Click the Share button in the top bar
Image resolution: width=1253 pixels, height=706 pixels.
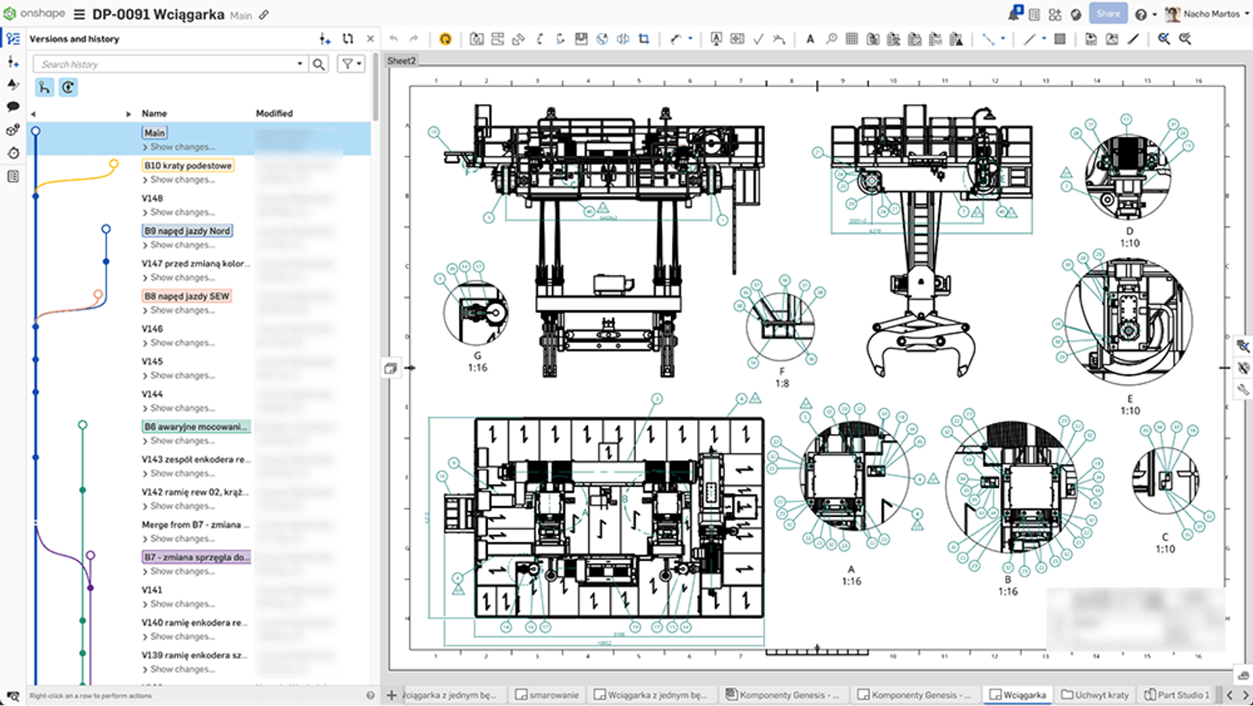(1107, 14)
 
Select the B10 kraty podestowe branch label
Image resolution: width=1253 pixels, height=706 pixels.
(188, 165)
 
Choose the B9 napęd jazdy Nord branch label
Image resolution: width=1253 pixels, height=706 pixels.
(187, 231)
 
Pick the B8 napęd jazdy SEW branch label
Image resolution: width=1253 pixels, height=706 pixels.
(187, 296)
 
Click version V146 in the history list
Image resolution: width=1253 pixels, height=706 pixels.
(153, 329)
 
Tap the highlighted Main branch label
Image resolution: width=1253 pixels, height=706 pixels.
(154, 133)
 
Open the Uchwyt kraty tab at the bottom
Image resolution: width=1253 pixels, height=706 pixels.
(1096, 695)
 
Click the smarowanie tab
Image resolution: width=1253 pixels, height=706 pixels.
(547, 695)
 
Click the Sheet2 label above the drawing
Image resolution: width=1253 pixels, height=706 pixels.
(402, 61)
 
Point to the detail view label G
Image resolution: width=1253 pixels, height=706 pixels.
(478, 356)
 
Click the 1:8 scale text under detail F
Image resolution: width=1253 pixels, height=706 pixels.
(782, 384)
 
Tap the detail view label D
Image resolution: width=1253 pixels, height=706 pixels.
(1129, 231)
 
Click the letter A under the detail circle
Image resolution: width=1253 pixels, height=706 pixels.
(851, 570)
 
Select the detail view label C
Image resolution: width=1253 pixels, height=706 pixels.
(1165, 538)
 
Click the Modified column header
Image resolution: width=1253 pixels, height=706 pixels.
(274, 114)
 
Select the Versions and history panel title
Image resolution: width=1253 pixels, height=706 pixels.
(74, 39)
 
